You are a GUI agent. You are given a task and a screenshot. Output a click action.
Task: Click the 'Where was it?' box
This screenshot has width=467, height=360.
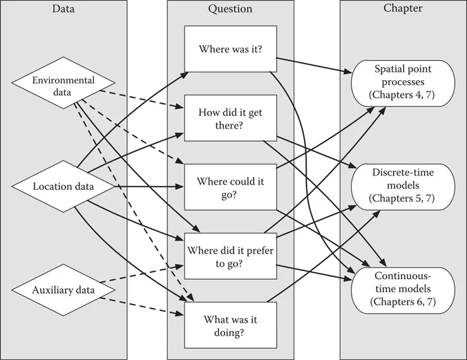pos(230,50)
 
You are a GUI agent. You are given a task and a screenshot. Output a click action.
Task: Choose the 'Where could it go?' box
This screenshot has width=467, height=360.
pos(230,187)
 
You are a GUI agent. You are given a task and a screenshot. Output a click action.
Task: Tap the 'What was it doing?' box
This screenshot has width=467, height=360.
pos(230,325)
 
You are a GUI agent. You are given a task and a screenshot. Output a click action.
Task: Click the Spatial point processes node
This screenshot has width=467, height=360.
pos(403,82)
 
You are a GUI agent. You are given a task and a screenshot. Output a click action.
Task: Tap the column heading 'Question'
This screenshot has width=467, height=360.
pos(230,8)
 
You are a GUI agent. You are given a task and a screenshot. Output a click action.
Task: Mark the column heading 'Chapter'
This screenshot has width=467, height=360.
pos(403,8)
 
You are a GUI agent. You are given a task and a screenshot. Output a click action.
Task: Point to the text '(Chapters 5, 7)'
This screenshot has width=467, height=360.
pos(403,199)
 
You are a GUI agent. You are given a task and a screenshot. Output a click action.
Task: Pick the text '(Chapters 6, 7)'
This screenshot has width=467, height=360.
pos(403,302)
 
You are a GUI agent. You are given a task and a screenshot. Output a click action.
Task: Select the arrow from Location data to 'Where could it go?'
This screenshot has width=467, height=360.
pos(145,187)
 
